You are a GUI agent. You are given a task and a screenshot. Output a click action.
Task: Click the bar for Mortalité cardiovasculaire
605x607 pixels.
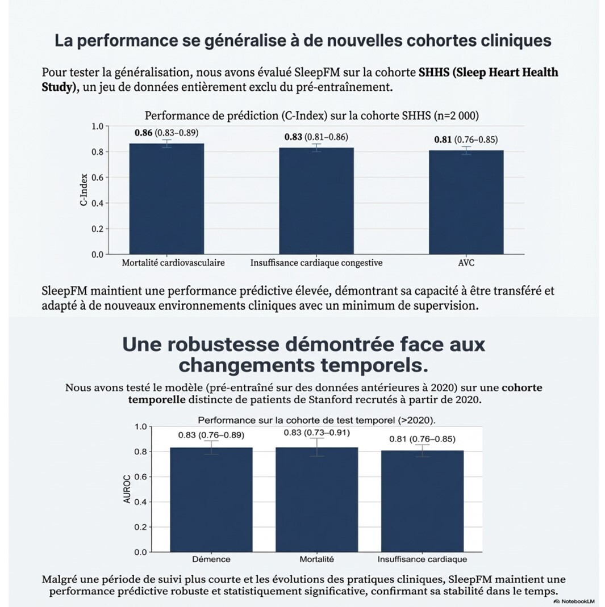166,199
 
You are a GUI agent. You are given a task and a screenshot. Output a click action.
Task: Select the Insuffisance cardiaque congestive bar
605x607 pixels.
316,201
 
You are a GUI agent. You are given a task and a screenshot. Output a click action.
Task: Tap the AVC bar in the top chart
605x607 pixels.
466,202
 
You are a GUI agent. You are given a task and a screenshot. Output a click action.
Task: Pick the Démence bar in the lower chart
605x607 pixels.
211,499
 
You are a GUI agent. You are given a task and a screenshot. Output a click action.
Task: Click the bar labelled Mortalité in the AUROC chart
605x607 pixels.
316,499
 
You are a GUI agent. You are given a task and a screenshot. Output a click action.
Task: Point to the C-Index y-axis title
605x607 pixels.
84,189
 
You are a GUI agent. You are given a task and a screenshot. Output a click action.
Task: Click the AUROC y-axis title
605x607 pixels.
127,489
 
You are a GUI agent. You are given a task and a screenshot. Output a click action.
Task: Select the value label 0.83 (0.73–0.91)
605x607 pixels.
316,433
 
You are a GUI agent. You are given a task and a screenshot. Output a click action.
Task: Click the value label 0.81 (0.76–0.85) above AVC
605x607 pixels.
466,140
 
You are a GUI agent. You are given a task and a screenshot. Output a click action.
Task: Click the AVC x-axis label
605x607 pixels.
466,263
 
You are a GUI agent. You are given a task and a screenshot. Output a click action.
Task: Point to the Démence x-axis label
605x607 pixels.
211,559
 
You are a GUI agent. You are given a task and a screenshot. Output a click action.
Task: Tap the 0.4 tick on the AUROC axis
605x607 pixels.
140,501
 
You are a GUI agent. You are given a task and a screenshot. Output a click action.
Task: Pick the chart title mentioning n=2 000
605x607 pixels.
311,116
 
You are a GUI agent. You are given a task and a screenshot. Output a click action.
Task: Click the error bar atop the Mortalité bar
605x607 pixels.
316,447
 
